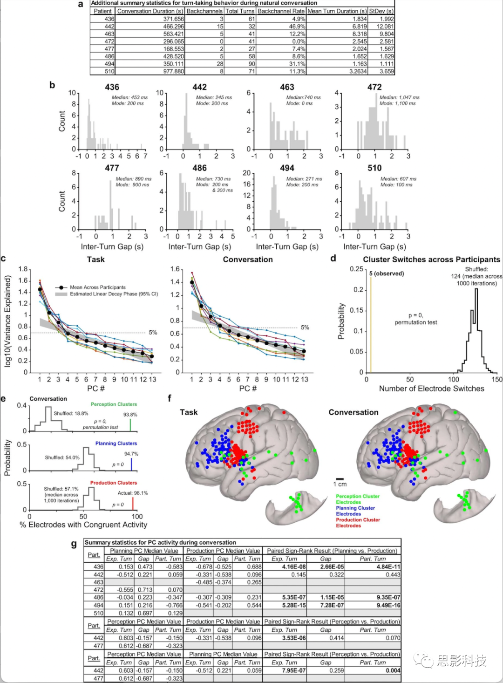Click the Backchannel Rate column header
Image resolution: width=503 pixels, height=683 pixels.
click(x=281, y=11)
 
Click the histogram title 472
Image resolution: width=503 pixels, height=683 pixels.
click(x=374, y=87)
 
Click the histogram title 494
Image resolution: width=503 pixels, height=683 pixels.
click(x=287, y=168)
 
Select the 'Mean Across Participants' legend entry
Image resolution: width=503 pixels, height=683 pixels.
click(x=97, y=287)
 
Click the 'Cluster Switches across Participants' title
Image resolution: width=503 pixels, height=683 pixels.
click(x=431, y=260)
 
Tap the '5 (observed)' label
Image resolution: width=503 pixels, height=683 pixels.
click(x=387, y=273)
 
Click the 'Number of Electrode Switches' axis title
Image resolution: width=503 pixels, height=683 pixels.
click(x=431, y=389)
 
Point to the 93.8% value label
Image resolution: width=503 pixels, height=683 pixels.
click(x=130, y=415)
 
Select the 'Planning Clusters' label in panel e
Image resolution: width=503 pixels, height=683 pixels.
click(x=116, y=444)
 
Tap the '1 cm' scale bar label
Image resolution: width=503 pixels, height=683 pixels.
click(x=340, y=485)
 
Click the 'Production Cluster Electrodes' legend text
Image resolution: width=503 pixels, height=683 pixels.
click(x=358, y=523)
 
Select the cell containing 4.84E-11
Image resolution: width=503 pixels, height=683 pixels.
click(x=388, y=567)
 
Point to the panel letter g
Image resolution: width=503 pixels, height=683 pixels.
click(x=74, y=544)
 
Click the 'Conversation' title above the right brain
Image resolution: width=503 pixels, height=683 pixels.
click(x=353, y=412)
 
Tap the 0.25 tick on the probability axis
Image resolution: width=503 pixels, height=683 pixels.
click(x=356, y=269)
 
